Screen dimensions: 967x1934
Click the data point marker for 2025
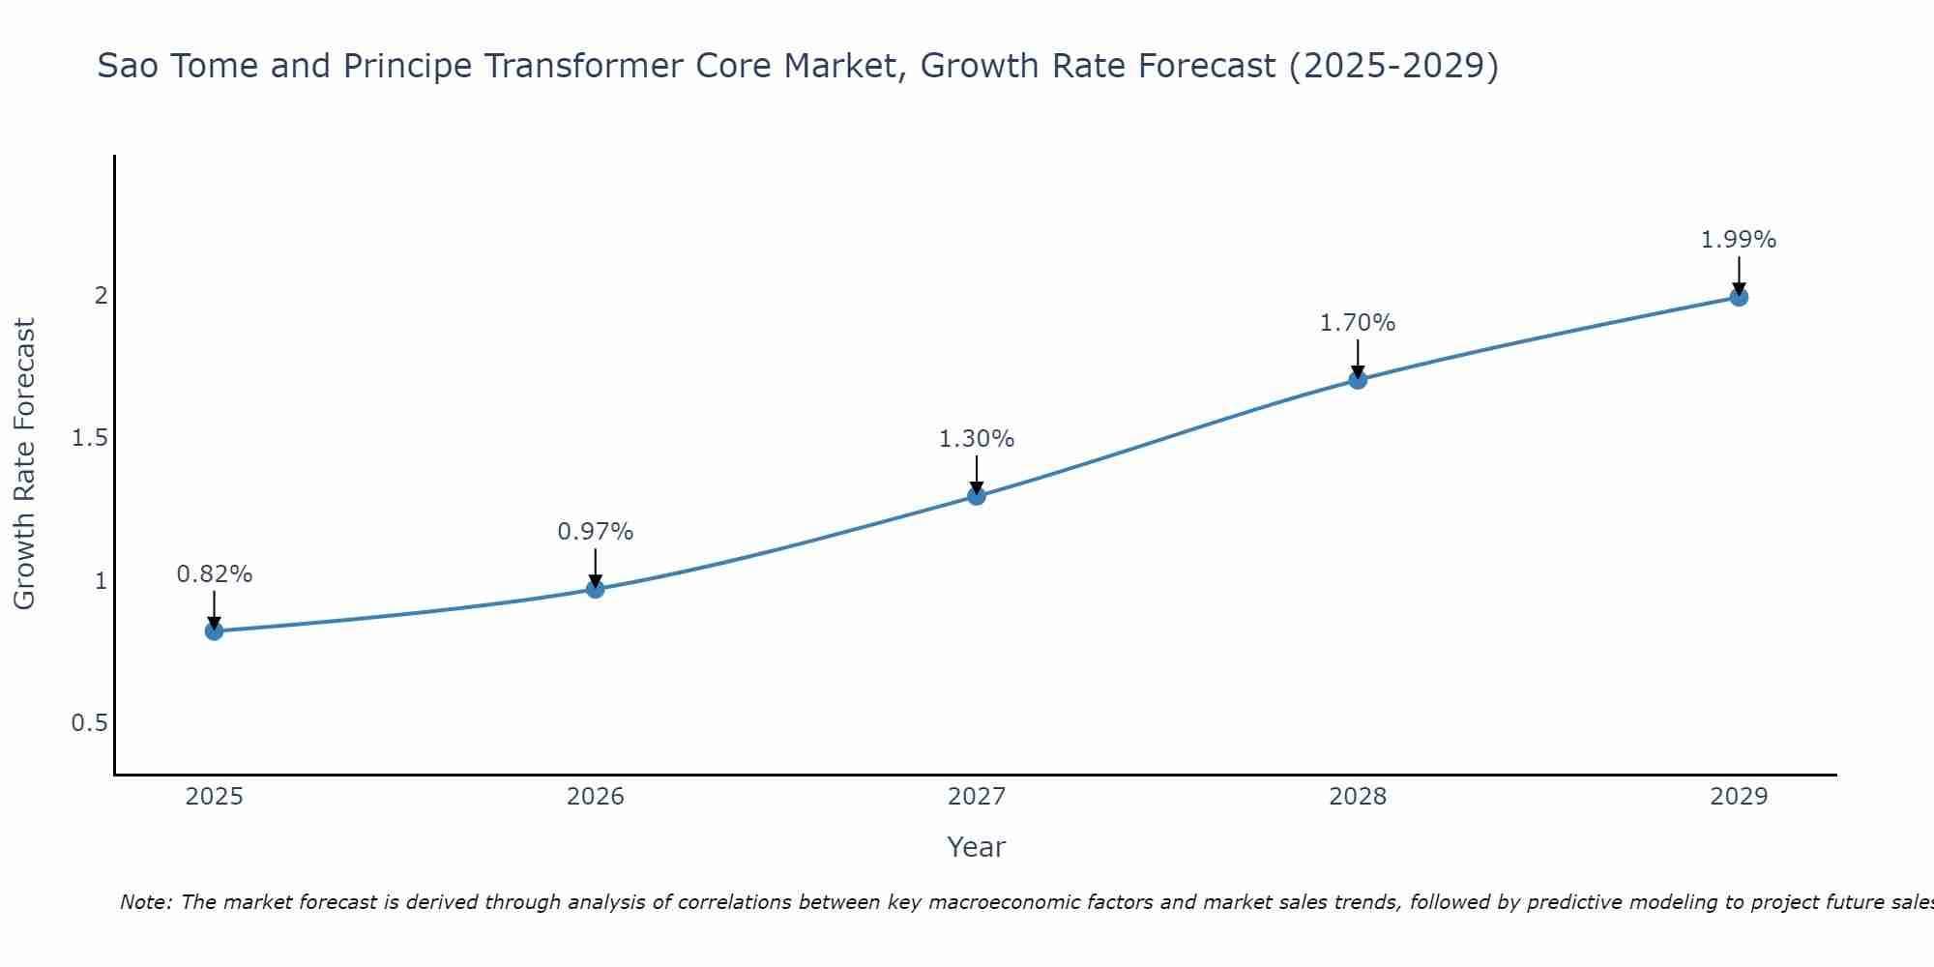pos(214,631)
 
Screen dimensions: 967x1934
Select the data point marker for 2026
pos(596,589)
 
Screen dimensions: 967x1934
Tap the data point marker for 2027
pos(977,496)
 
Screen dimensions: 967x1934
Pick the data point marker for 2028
pos(1358,380)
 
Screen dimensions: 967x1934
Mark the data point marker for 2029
pos(1739,297)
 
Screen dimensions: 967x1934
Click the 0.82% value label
pos(214,574)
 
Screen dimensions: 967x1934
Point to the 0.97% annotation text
pos(596,532)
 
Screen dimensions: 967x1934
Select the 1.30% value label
pos(977,439)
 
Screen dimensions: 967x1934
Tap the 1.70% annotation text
pos(1358,323)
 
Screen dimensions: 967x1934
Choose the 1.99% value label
pos(1739,240)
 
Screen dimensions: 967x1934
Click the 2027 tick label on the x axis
pos(977,797)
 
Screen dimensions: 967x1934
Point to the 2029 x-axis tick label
pos(1739,797)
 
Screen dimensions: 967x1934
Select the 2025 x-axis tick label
pos(214,797)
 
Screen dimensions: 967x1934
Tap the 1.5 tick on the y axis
pos(89,438)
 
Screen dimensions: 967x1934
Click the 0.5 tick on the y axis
pos(89,723)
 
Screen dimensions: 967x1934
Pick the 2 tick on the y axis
pos(101,295)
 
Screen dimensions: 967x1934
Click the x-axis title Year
pos(977,847)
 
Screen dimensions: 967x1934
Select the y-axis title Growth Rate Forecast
pos(24,464)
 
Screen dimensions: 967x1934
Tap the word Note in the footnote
pos(145,902)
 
